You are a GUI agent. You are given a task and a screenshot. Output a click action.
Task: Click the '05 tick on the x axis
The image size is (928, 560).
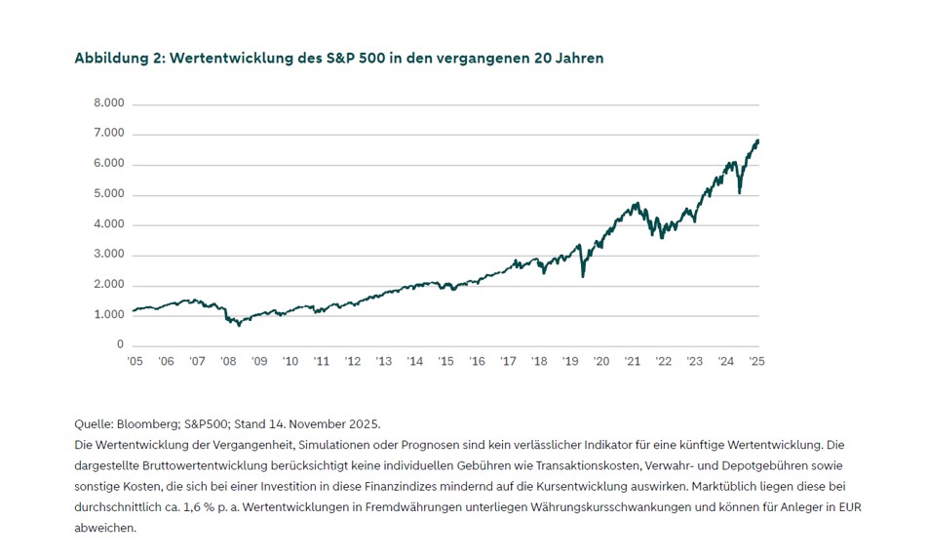pos(135,361)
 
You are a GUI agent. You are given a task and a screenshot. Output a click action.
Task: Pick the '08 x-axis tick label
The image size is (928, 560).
pos(228,361)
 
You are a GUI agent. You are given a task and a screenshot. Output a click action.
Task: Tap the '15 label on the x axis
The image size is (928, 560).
pos(445,361)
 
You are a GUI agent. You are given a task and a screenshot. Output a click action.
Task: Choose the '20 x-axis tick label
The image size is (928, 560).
pos(601,361)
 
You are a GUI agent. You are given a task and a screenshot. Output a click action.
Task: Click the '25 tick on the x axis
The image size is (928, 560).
pos(756,361)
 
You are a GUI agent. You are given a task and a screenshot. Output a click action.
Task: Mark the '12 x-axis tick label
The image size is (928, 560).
pos(353,361)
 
